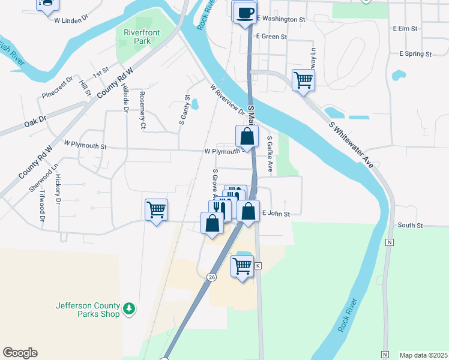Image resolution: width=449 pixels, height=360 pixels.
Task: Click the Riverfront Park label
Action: coord(136,37)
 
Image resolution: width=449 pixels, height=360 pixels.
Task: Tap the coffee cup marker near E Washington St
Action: coord(244,13)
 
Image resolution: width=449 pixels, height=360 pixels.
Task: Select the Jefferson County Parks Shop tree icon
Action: coord(128,309)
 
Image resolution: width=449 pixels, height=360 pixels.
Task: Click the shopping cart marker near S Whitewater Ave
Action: coord(304,79)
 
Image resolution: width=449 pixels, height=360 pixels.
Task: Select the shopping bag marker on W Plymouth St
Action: coord(247,136)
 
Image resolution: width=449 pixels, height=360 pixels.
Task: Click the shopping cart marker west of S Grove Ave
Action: coord(156,210)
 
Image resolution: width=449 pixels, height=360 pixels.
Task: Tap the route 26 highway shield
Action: coord(211,277)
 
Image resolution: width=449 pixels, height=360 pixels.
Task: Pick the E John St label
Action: coord(276,214)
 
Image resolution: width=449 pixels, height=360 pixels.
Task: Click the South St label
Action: coord(411,226)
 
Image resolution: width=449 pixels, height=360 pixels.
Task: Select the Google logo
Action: coord(20,353)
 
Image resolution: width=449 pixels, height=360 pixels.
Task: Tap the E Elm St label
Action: coord(405,28)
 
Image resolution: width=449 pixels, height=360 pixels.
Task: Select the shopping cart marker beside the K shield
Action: coord(243,265)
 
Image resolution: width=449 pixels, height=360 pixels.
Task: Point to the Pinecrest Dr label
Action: coord(58,88)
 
